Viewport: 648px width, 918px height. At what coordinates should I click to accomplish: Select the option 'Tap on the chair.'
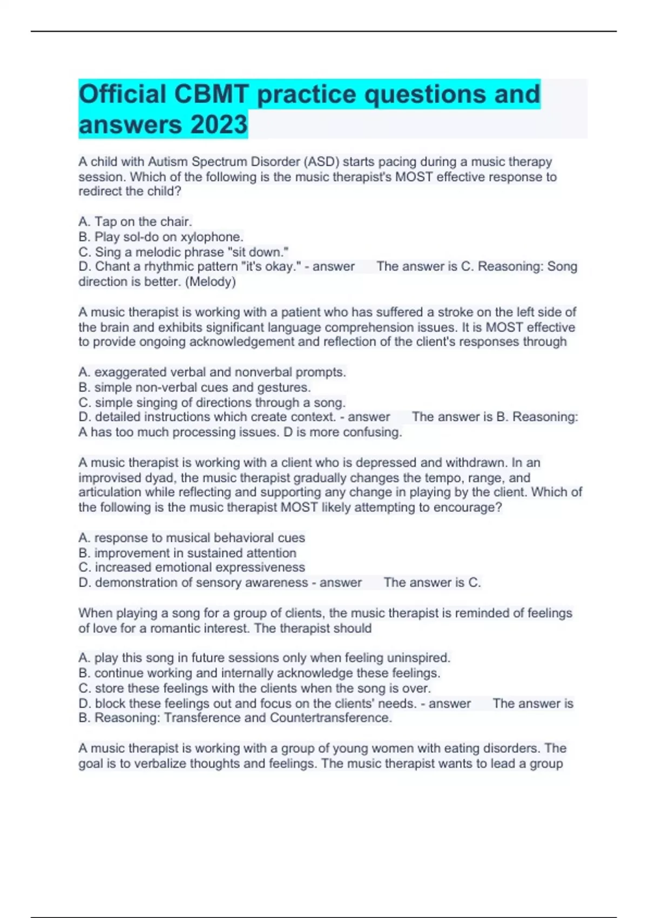(135, 221)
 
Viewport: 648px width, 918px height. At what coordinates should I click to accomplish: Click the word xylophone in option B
(212, 237)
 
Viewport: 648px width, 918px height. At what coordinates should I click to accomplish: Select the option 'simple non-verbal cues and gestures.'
(194, 387)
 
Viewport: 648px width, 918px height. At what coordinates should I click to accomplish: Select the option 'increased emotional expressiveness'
(192, 567)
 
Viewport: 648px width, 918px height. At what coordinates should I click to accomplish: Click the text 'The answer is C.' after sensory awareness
(432, 582)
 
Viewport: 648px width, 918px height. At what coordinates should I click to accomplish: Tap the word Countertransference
(330, 718)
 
